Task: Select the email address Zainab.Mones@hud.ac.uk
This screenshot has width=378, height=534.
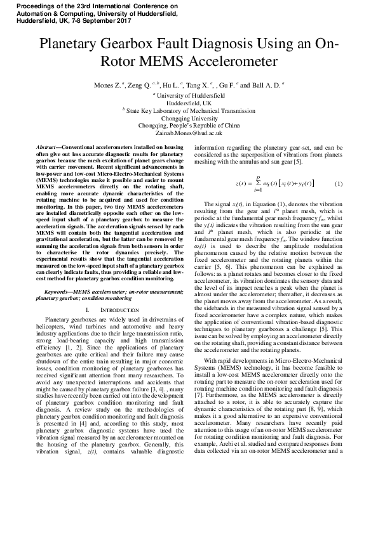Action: tap(189, 133)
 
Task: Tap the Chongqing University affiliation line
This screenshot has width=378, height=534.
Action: tap(189, 117)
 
